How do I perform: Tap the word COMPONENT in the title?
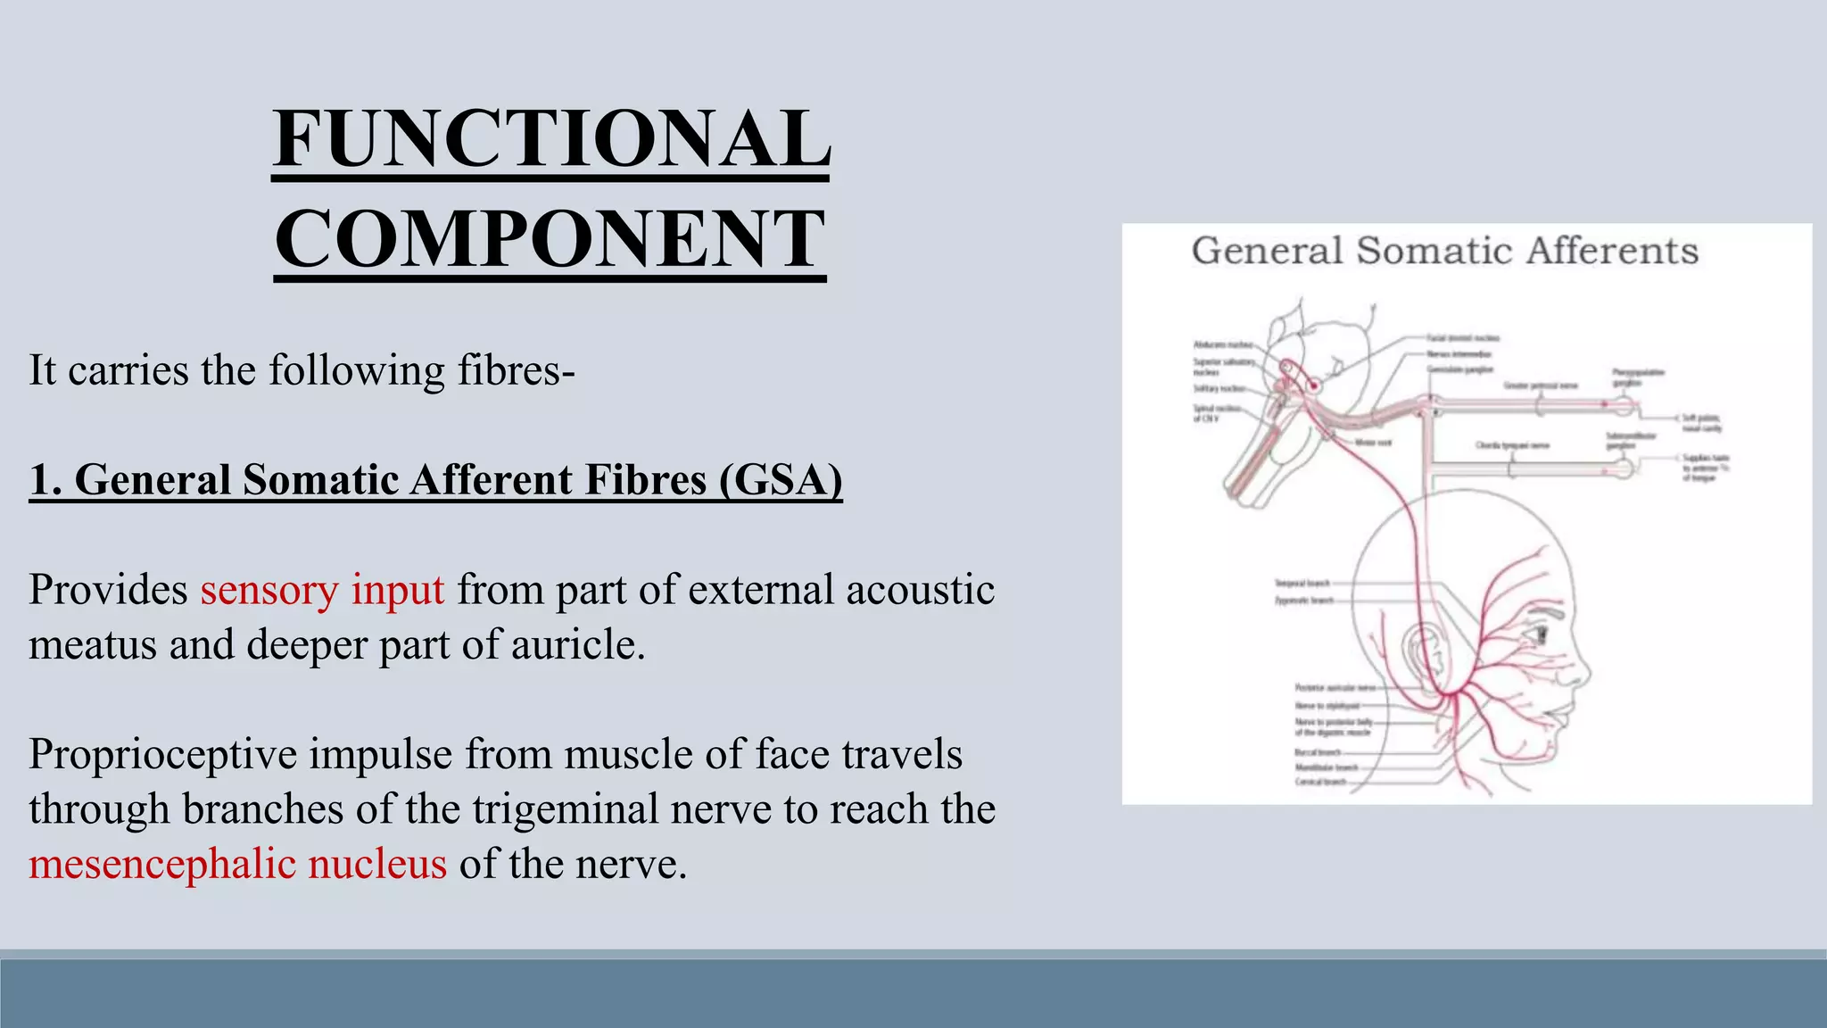[x=550, y=239]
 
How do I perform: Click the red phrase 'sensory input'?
[x=322, y=590]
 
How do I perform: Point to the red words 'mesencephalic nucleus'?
[x=237, y=864]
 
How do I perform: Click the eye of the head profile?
[x=1542, y=634]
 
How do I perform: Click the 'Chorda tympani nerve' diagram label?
[x=1512, y=444]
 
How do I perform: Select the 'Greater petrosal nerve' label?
[x=1541, y=385]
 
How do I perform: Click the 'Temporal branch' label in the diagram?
[x=1302, y=584]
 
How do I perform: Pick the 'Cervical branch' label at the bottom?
[x=1320, y=783]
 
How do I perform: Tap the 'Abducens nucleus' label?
[x=1223, y=344]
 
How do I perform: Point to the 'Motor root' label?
[x=1373, y=443]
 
